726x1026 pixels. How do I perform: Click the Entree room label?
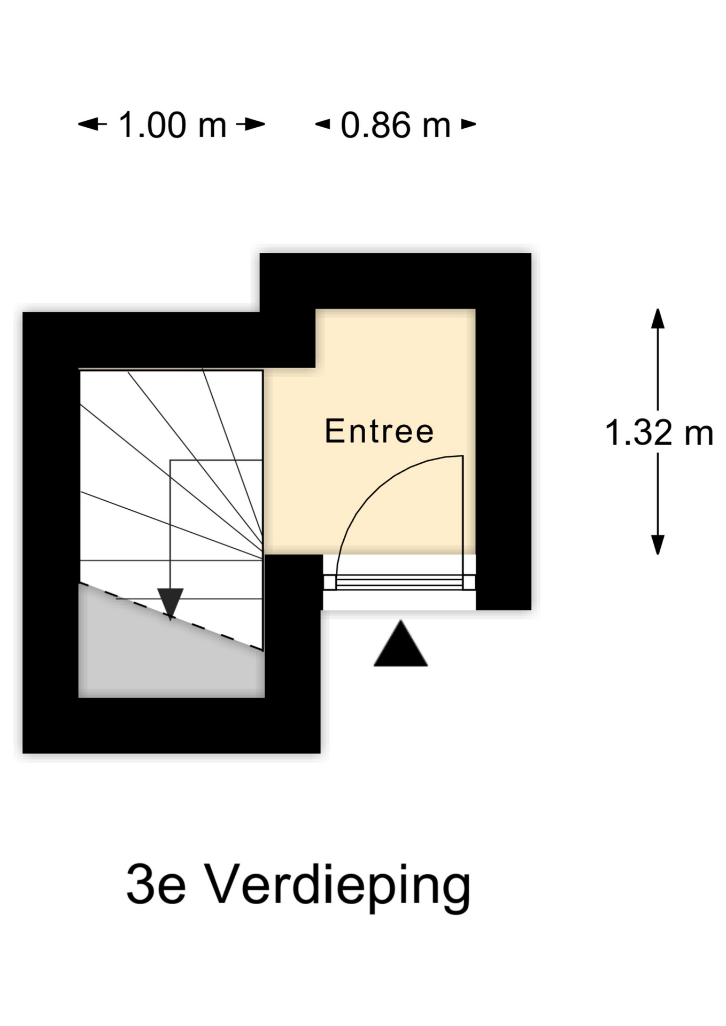click(379, 431)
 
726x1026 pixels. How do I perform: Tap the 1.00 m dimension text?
click(172, 125)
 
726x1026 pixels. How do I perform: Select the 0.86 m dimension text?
click(396, 125)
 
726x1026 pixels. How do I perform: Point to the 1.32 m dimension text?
click(659, 432)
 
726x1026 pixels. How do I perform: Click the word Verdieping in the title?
click(338, 886)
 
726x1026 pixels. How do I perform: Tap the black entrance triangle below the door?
click(400, 643)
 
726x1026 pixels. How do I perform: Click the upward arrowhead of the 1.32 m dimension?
click(658, 318)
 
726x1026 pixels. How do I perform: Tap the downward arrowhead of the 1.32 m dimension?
click(658, 545)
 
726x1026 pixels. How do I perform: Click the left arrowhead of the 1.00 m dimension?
click(89, 125)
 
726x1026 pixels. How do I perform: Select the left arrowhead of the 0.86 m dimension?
click(322, 125)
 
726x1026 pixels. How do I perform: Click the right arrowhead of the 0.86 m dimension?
click(469, 125)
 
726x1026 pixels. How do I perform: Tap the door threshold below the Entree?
click(399, 582)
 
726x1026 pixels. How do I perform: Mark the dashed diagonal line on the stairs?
click(171, 617)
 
